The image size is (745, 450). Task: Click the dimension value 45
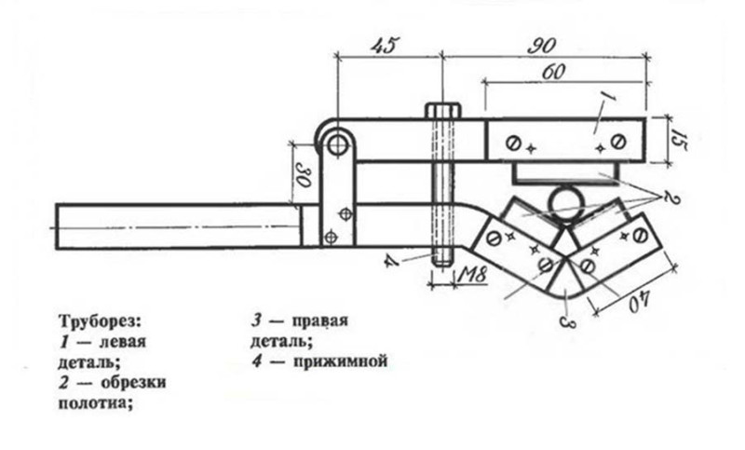coord(385,46)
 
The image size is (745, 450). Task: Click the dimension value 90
coord(542,46)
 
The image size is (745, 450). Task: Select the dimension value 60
coord(552,73)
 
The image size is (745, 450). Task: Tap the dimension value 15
coord(679,140)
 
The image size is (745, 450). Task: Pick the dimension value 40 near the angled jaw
coord(641,301)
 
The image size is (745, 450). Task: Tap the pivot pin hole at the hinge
coord(337,145)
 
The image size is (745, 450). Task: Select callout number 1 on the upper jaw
coord(610,100)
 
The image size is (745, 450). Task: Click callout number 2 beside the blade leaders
coord(670,197)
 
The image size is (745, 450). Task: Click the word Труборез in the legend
coord(100,321)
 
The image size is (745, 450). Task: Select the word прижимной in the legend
coord(340,361)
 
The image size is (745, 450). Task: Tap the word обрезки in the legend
coord(132,382)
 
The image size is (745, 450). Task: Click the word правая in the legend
coord(319,320)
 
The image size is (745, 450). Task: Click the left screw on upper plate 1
coord(514,143)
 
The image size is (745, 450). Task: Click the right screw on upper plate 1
coord(617,141)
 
